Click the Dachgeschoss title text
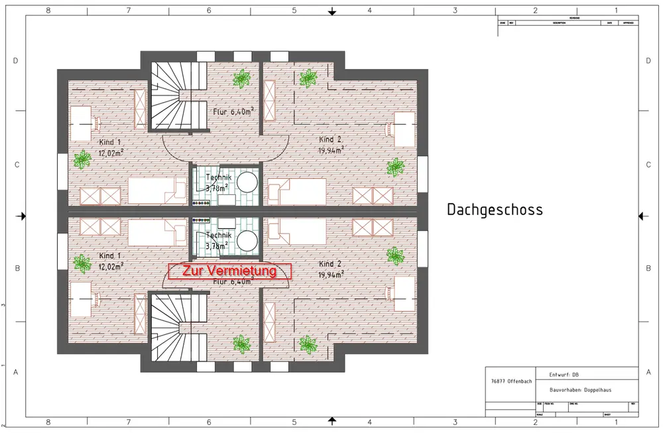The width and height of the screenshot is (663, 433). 495,210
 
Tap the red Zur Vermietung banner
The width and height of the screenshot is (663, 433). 229,271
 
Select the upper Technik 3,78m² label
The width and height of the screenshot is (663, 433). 218,184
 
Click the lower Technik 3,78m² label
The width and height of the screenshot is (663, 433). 218,240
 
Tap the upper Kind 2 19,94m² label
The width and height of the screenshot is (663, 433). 331,145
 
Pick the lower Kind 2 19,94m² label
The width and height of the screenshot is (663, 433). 331,269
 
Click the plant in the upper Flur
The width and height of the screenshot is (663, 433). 241,78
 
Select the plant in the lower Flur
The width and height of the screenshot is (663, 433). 240,343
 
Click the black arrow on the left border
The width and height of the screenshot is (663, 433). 22,216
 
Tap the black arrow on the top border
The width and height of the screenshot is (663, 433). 333,11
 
